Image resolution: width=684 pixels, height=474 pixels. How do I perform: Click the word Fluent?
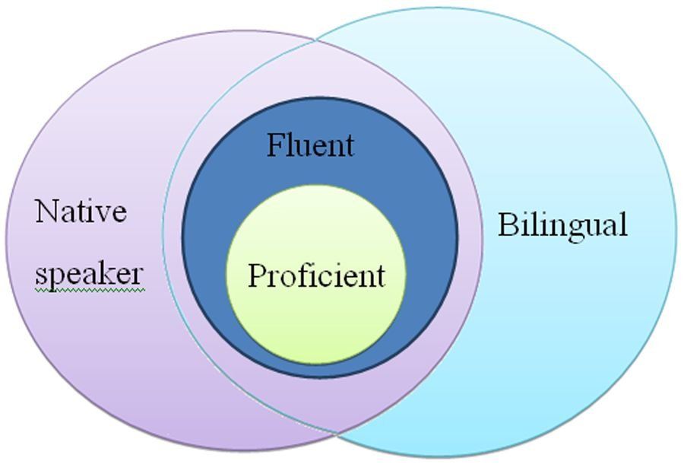point(310,145)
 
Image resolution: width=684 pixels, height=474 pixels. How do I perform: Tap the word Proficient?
point(316,275)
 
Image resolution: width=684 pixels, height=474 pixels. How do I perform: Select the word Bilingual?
point(562,226)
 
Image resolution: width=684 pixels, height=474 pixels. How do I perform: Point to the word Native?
point(81,211)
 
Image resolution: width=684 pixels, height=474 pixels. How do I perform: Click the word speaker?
point(89,275)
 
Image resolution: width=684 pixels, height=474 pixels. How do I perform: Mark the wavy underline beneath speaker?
point(89,289)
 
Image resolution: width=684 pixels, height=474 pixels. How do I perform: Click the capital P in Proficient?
point(256,275)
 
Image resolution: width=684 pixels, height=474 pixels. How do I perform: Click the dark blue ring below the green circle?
point(316,370)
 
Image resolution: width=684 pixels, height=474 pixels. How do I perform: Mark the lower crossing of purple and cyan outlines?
point(337,434)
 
